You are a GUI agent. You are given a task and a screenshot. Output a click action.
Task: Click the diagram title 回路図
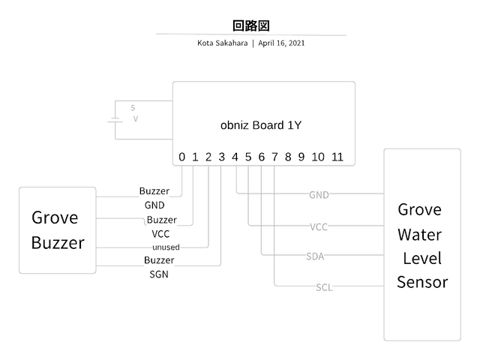[250, 25]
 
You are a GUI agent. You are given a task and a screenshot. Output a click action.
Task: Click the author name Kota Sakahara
[223, 43]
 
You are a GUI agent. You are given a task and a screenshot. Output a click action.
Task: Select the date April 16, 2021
[281, 43]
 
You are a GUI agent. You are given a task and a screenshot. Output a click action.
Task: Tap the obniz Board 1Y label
[261, 125]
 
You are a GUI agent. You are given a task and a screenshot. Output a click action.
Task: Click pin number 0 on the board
[181, 157]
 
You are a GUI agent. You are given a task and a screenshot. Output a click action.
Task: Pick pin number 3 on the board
[221, 157]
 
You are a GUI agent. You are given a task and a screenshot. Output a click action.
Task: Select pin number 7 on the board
[274, 157]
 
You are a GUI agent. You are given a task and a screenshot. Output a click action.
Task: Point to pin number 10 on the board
[318, 157]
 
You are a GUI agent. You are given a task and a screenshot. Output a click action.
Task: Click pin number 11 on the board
[337, 157]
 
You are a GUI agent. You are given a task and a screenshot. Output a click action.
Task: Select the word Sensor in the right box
[422, 282]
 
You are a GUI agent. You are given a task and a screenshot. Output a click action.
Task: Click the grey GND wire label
[319, 195]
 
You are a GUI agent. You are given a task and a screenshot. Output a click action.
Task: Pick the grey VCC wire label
[319, 226]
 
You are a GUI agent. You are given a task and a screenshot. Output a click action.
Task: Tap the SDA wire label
[315, 256]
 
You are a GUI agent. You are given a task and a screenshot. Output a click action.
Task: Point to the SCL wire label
[324, 287]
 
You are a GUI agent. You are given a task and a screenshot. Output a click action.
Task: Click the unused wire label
[166, 247]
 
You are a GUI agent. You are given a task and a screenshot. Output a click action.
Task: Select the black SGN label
[159, 274]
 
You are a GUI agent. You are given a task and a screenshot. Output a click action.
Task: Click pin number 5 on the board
[247, 157]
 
